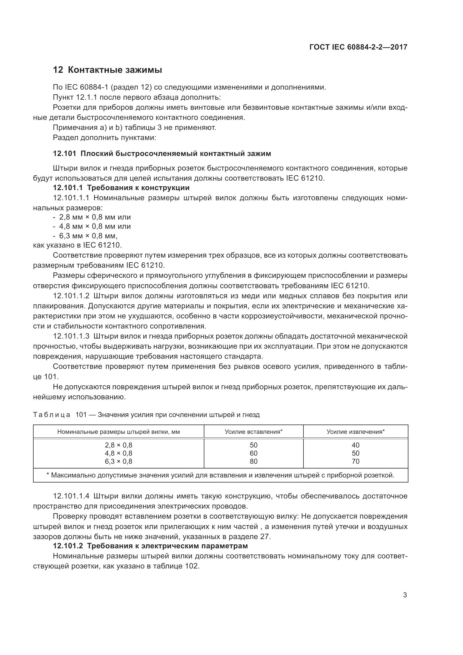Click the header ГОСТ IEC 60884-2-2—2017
pos(358,47)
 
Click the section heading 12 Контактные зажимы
pos(107,70)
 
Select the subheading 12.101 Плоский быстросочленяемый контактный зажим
pos(162,154)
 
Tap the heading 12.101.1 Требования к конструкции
pos(121,188)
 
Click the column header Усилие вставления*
pos(253,432)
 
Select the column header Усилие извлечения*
pos(356,432)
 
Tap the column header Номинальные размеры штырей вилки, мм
pos(119,432)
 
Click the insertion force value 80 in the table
pos(253,461)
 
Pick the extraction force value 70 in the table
pos(356,461)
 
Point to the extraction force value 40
pos(356,445)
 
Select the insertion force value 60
pos(253,453)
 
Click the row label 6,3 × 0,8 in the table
pos(119,461)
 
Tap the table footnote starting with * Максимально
pos(220,475)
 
